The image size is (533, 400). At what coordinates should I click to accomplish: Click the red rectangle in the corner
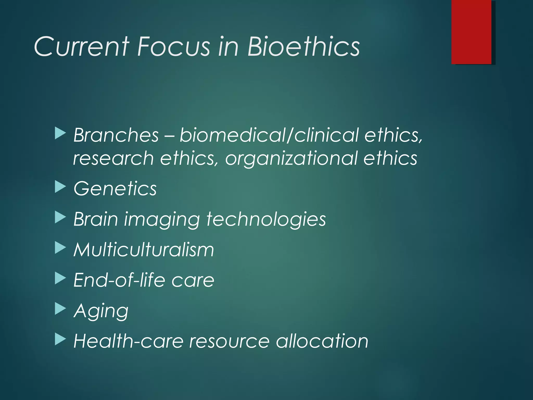[x=471, y=32]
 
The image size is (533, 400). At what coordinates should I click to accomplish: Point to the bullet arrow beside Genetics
[x=60, y=187]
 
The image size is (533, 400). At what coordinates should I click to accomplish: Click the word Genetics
[x=115, y=188]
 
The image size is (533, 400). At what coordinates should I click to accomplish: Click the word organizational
[x=291, y=158]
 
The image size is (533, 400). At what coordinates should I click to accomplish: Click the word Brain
[x=96, y=219]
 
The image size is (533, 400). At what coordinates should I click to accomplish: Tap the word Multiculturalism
[x=144, y=250]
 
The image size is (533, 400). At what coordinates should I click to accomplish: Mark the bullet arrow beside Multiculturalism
[x=60, y=248]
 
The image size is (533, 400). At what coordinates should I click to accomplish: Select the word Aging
[x=101, y=311]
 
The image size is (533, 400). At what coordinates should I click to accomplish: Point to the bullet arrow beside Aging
[x=60, y=309]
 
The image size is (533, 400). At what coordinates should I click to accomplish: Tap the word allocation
[x=322, y=341]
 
